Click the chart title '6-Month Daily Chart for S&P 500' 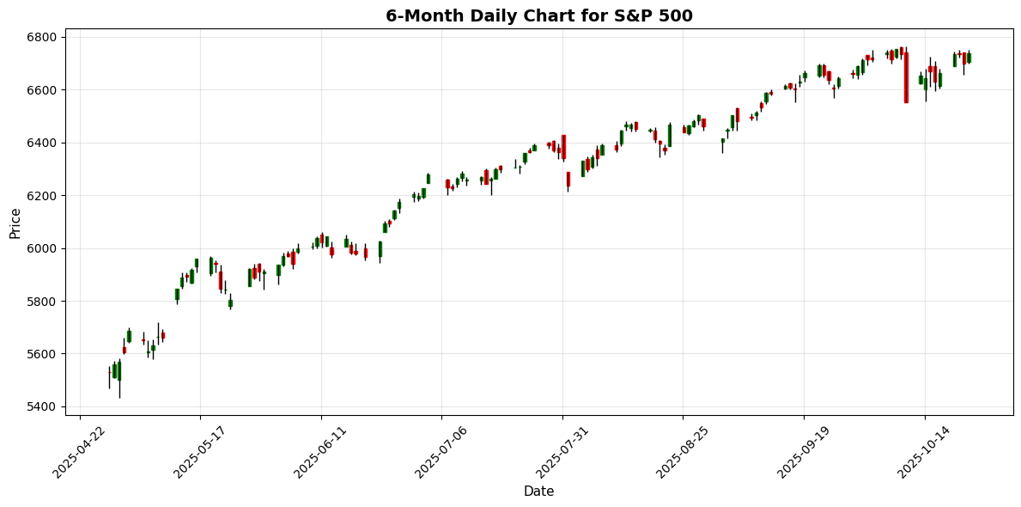(538, 15)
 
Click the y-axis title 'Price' (15, 223)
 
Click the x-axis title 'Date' (538, 492)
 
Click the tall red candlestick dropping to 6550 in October (906, 77)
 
